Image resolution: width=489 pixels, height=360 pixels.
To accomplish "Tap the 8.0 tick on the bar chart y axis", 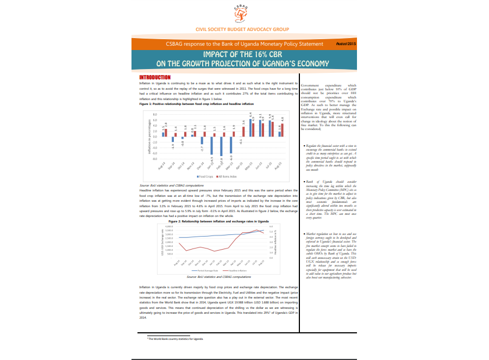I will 154,115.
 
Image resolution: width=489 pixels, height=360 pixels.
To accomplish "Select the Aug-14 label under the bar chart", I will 161,167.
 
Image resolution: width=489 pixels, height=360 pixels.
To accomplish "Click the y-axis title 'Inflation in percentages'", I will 148,138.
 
